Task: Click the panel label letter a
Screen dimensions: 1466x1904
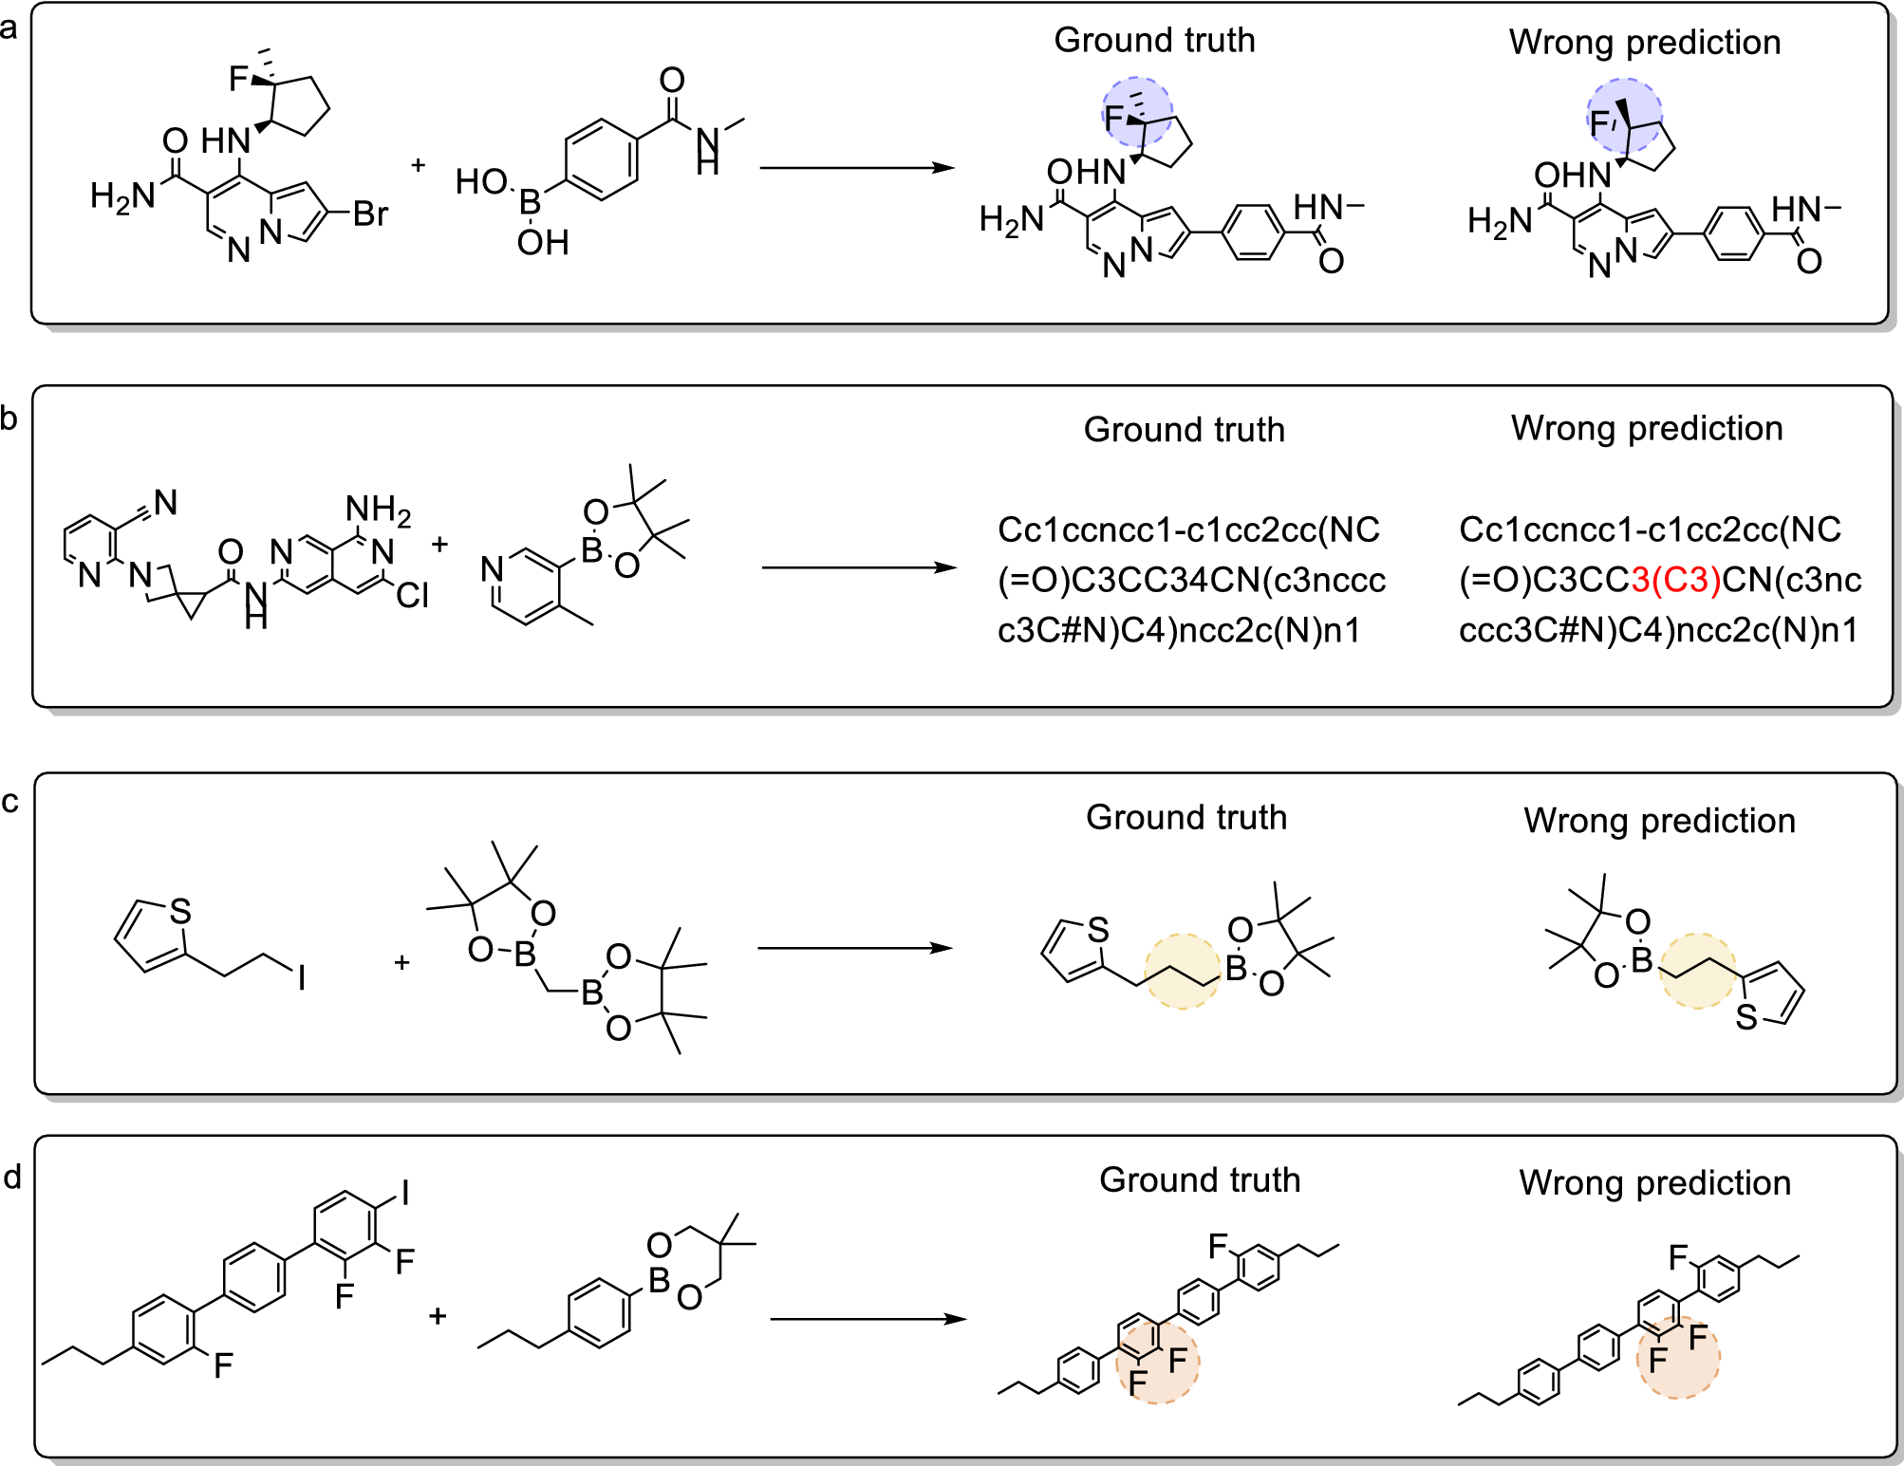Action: coord(9,28)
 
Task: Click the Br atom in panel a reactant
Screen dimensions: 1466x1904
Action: coord(370,214)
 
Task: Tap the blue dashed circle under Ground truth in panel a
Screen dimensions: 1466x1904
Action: coord(1137,112)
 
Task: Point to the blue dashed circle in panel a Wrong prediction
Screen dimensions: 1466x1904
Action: coord(1625,117)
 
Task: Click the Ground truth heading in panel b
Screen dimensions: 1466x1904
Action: coord(1184,430)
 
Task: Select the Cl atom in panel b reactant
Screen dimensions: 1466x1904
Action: coord(413,596)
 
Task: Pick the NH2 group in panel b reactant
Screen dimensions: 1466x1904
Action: coord(378,510)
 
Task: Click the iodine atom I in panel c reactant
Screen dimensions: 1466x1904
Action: coord(302,977)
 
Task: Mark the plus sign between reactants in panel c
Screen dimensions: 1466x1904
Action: coord(401,963)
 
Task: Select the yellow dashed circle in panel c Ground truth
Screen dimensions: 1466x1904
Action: coord(1182,971)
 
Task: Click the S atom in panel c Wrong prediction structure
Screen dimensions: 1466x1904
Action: coord(1745,1018)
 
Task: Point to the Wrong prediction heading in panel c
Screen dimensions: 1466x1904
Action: coord(1659,821)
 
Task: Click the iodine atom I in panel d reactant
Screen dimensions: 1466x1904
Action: coord(405,1193)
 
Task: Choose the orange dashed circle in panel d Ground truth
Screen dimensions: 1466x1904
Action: coord(1157,1362)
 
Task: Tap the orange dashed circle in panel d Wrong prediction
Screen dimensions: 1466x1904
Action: coord(1678,1357)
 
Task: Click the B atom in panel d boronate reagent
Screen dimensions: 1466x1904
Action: coord(660,1280)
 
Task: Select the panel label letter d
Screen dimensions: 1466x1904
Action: coord(12,1178)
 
